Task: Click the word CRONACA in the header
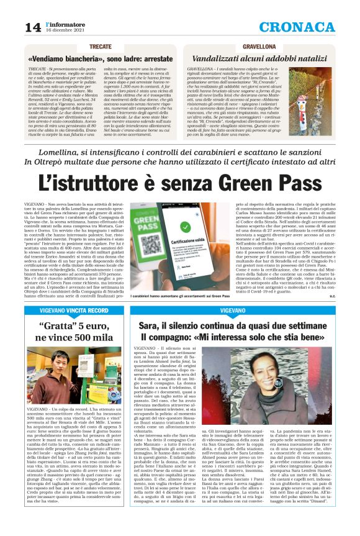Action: click(297, 27)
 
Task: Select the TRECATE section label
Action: click(100, 47)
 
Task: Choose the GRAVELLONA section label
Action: click(259, 47)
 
